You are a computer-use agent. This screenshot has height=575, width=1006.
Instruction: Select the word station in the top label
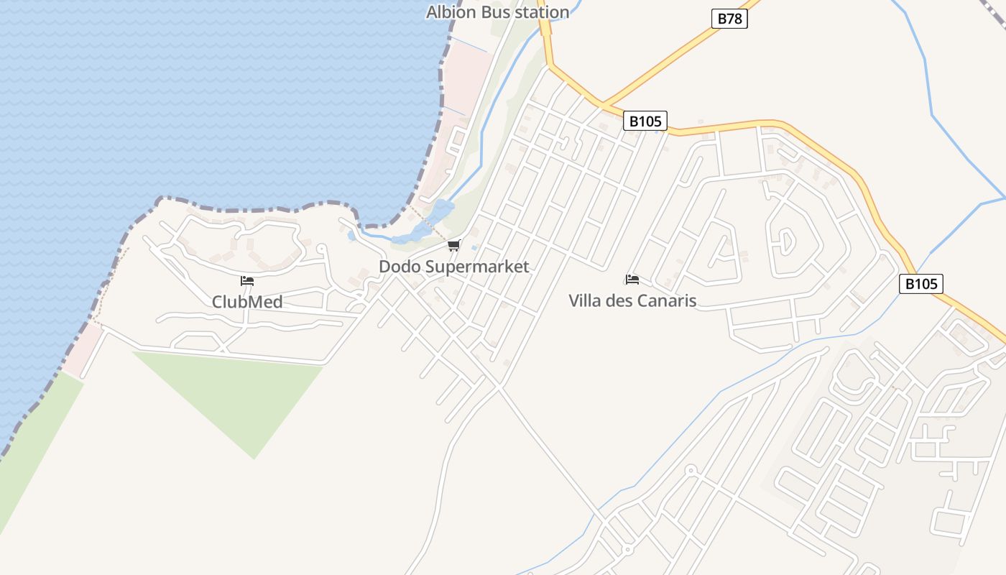543,12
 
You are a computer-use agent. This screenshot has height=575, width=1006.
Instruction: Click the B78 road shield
729,19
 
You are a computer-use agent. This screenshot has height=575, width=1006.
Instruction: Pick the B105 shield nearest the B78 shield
645,121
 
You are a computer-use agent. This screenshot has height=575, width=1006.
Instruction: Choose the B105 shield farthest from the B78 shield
920,284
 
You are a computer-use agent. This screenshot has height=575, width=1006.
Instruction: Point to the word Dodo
400,267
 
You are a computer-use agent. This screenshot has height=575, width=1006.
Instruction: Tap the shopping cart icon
453,247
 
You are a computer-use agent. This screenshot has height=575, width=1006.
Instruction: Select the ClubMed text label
246,302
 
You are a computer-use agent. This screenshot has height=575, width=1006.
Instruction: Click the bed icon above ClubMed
247,280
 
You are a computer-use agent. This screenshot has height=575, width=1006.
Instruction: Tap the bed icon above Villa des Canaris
632,279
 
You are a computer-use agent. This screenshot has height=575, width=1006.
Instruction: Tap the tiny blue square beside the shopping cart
474,247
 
